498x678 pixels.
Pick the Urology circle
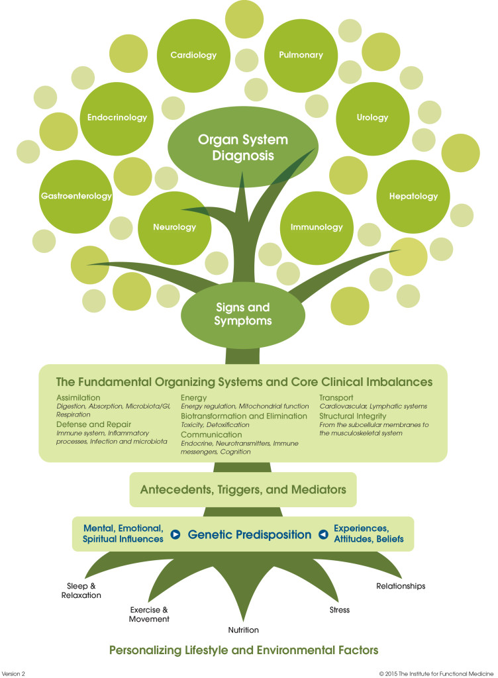(x=372, y=118)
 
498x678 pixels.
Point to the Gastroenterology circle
(x=75, y=196)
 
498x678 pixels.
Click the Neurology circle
(x=175, y=227)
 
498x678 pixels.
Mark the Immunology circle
(x=316, y=227)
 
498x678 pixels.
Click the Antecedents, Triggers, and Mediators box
(x=243, y=491)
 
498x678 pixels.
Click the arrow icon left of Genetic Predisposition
(x=175, y=534)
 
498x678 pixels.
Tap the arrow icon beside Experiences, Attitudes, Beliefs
(x=323, y=534)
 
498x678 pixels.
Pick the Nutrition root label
(x=242, y=630)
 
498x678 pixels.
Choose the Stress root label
(x=339, y=609)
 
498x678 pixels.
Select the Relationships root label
(x=401, y=586)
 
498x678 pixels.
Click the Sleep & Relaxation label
(x=84, y=591)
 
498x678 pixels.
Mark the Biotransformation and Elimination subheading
(x=244, y=416)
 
